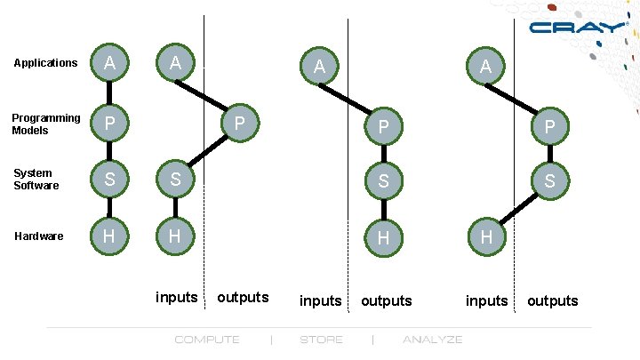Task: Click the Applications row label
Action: [x=45, y=63]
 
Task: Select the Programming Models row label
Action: [x=45, y=124]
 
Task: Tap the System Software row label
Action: [x=36, y=180]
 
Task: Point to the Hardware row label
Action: [x=38, y=236]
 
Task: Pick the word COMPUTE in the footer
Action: [x=206, y=340]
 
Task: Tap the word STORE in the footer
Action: [x=321, y=340]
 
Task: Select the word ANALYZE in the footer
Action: [x=432, y=340]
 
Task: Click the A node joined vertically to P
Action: [x=108, y=63]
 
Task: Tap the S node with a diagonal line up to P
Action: [x=176, y=179]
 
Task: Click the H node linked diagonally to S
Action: [x=486, y=237]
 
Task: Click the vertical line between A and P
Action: [x=108, y=92]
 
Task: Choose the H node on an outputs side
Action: [x=383, y=237]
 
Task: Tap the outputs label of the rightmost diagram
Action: [x=552, y=300]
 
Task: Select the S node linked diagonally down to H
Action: [x=550, y=180]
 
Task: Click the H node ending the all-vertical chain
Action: [x=108, y=236]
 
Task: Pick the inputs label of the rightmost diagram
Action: [x=486, y=300]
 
